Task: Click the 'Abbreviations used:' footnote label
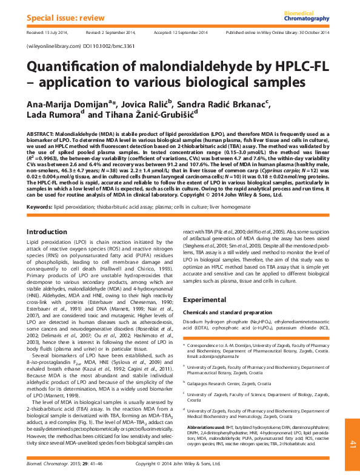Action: pos(208,427)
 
